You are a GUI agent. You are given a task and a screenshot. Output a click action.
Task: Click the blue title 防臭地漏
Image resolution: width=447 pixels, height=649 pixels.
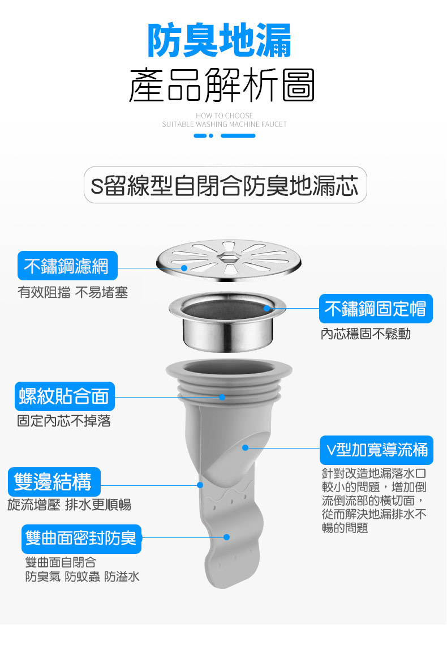tap(220, 41)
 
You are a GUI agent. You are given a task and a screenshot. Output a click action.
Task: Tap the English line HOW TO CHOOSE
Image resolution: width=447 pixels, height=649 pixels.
tap(224, 116)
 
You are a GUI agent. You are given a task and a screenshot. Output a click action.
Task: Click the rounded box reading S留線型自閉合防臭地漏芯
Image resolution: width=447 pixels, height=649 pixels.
tap(225, 185)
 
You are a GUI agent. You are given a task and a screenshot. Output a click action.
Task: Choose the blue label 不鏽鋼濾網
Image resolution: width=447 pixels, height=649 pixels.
tap(67, 266)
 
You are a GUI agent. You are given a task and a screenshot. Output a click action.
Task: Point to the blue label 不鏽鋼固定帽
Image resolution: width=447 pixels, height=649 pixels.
tap(375, 309)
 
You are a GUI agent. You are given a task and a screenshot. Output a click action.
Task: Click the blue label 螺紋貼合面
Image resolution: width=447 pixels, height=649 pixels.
tap(64, 396)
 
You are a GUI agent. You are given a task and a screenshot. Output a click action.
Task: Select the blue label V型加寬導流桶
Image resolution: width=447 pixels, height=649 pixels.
tap(376, 450)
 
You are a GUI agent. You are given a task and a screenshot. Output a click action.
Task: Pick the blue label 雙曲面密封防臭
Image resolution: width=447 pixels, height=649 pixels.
tap(81, 539)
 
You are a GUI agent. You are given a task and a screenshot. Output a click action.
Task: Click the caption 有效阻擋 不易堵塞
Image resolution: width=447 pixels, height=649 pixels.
tap(73, 293)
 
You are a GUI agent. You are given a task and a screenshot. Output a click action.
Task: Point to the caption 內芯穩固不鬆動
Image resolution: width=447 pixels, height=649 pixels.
tap(366, 335)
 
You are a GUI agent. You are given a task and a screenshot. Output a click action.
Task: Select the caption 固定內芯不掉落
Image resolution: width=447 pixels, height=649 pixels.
tap(64, 421)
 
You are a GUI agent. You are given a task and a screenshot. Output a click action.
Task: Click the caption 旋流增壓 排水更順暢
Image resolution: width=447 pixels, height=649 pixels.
tap(70, 505)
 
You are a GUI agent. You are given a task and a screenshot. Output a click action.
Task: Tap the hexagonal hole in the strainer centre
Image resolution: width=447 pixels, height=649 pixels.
tap(229, 257)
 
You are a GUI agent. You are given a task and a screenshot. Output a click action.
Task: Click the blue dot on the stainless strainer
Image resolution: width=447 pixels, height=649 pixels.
tap(184, 267)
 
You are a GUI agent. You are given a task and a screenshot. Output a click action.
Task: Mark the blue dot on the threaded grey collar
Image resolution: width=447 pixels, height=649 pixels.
tap(222, 396)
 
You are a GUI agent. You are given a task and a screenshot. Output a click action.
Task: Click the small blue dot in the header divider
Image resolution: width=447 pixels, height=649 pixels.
tap(211, 136)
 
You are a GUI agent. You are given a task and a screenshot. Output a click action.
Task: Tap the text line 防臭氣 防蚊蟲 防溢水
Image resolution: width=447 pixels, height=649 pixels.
tap(82, 577)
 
